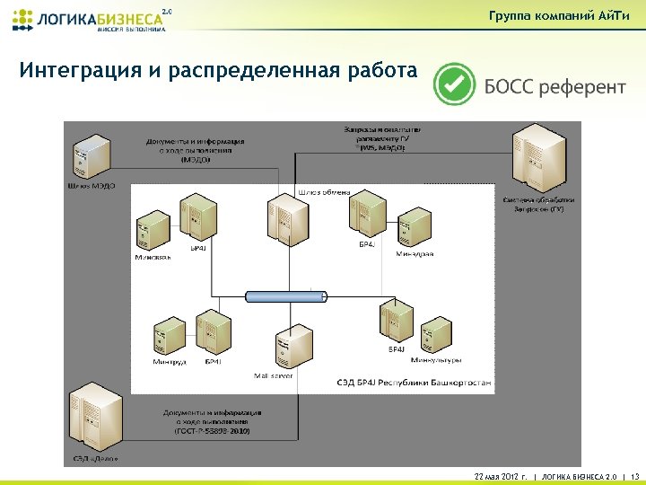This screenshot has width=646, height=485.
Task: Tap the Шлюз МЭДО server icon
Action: coord(92,158)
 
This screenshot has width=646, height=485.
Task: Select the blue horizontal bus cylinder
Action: coord(285,295)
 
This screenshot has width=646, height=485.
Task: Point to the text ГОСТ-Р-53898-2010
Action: coord(213,431)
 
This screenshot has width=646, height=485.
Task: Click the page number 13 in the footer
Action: coord(635,476)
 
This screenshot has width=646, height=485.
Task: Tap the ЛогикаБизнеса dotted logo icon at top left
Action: coord(22,19)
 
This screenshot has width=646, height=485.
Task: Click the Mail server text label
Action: coord(274,375)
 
